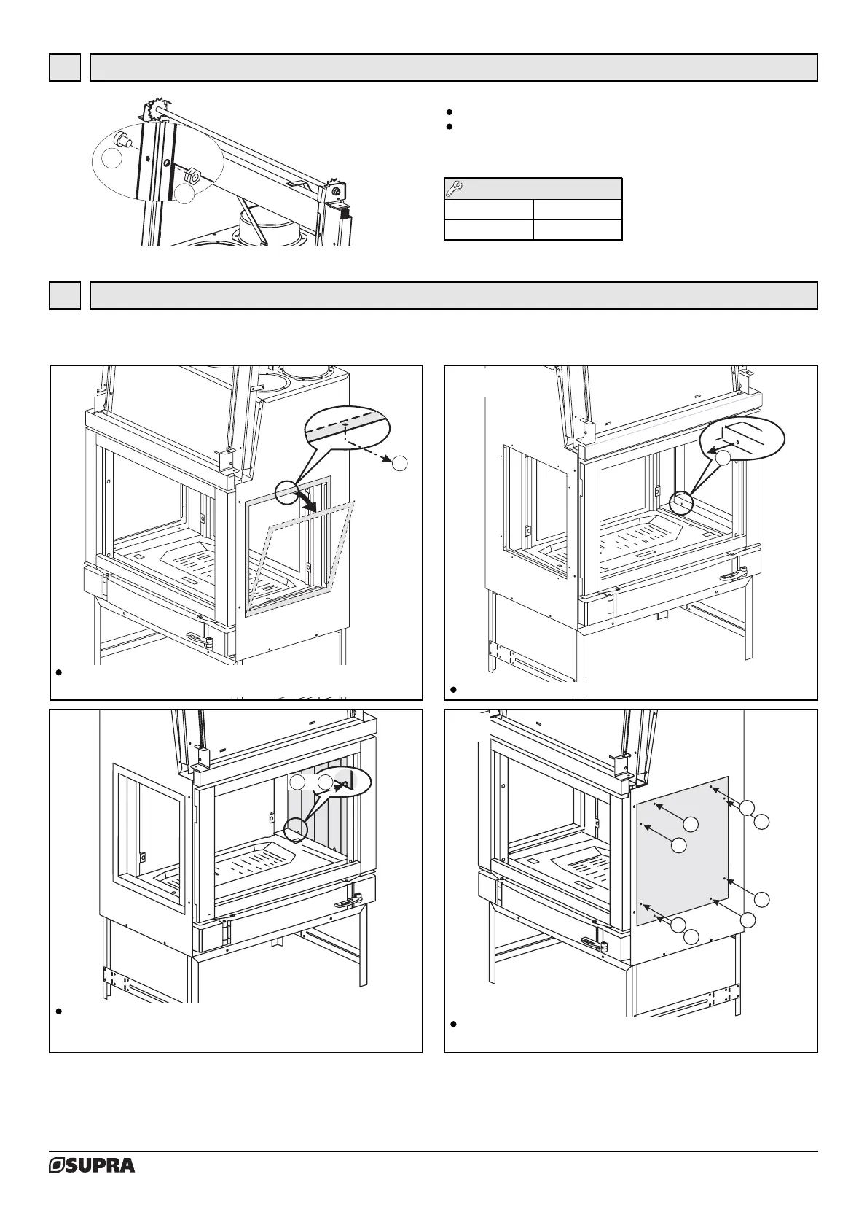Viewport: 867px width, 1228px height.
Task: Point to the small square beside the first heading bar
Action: point(65,67)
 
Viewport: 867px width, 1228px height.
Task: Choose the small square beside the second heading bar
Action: point(65,295)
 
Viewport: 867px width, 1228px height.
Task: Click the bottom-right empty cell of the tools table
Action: point(577,230)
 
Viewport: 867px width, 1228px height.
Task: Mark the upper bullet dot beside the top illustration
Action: point(450,112)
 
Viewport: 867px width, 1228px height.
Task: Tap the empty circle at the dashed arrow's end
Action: point(399,462)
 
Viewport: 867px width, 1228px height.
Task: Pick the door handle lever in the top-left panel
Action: point(199,640)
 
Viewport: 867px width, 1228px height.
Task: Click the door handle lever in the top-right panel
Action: point(733,576)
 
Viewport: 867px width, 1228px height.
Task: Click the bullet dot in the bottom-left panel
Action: point(58,1011)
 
